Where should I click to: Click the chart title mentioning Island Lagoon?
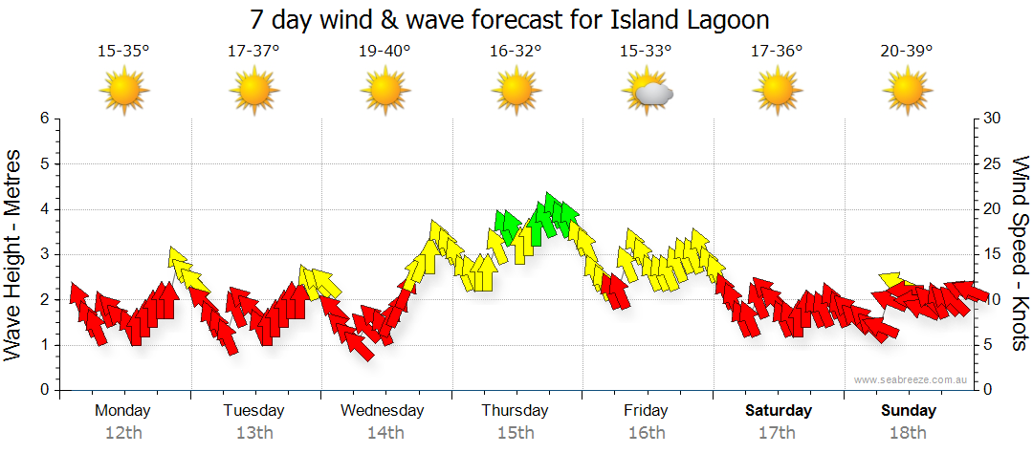(x=510, y=20)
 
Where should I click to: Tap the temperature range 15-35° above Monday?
(x=123, y=51)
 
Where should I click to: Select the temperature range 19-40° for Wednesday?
(x=385, y=51)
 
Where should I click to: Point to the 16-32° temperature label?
(x=516, y=51)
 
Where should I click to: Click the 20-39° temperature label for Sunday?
(x=907, y=51)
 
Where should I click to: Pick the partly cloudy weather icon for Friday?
(x=648, y=93)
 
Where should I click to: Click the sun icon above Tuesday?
(x=253, y=93)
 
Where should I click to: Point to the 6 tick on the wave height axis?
(x=43, y=119)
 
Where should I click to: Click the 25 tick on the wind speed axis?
(x=993, y=163)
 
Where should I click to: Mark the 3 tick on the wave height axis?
(x=43, y=254)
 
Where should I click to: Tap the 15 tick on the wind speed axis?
(x=993, y=254)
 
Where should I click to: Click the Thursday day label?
(x=516, y=411)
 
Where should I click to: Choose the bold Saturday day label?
(x=779, y=411)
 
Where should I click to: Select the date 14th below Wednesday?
(x=385, y=433)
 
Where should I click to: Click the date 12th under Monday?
(x=122, y=433)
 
